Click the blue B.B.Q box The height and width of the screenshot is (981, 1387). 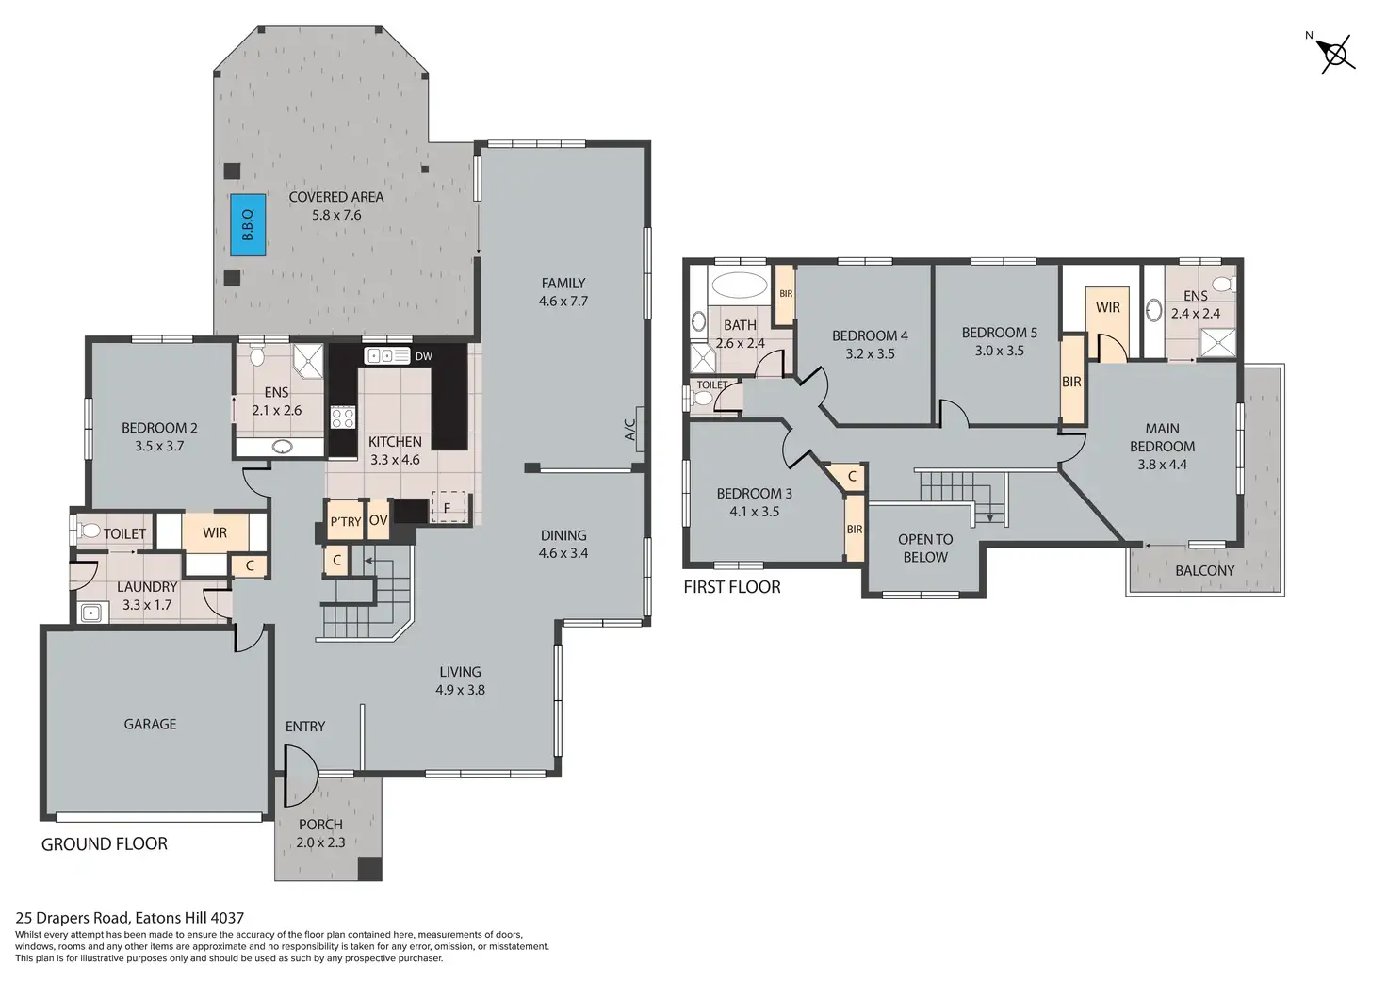[248, 225]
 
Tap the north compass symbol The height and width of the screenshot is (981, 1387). [1335, 54]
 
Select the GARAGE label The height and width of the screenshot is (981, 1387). [150, 724]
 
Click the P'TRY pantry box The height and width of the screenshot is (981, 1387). [344, 521]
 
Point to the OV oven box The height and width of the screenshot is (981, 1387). [378, 520]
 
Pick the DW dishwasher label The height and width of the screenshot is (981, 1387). [423, 356]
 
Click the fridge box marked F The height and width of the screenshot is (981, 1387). [448, 507]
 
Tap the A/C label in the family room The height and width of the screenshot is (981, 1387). [629, 429]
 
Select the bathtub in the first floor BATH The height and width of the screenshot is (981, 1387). [740, 285]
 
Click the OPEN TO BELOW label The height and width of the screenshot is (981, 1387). [925, 548]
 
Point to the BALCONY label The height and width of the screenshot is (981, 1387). [1204, 570]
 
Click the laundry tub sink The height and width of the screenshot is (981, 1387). [91, 613]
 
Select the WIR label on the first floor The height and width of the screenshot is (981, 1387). [1108, 307]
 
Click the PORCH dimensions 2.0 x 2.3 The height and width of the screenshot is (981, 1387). [320, 842]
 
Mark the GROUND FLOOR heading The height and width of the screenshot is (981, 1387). [104, 843]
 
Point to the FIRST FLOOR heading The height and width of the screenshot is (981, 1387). [732, 586]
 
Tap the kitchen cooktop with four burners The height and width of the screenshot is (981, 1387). [343, 417]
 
